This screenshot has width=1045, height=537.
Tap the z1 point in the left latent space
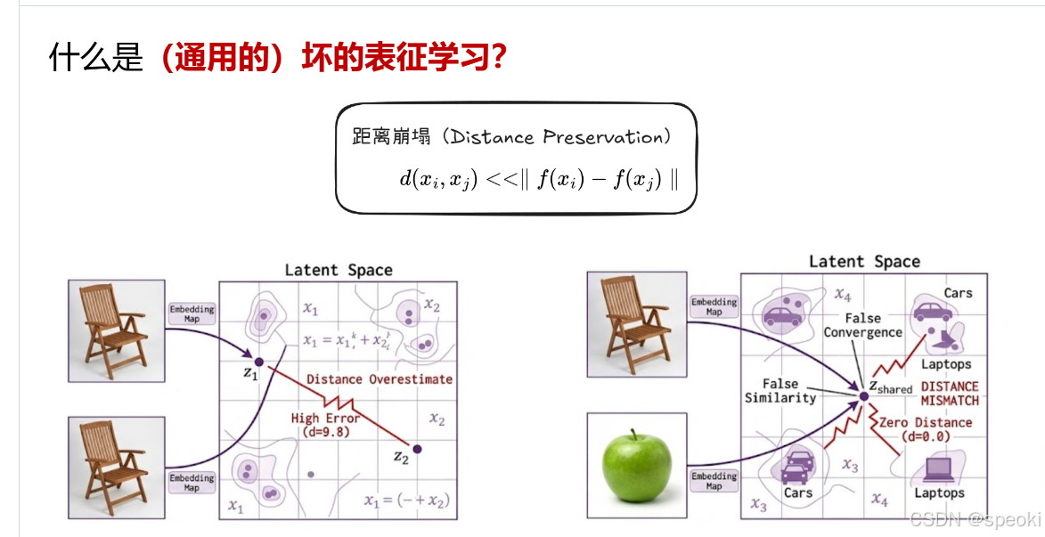[x=258, y=362]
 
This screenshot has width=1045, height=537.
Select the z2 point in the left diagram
[x=416, y=448]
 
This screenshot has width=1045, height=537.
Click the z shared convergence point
[x=863, y=395]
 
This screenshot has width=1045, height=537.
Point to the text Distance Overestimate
[x=379, y=379]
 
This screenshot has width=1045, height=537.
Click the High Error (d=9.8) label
[x=325, y=425]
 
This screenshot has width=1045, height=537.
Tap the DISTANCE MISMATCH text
[x=949, y=394]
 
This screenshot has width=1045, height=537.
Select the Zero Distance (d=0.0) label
[x=925, y=429]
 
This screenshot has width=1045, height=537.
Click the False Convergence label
[x=862, y=325]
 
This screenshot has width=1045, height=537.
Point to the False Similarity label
[x=780, y=391]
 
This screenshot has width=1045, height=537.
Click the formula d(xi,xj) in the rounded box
[x=538, y=177]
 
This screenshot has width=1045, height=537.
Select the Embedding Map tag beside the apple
[x=714, y=481]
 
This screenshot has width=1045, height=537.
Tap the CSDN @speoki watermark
[x=975, y=519]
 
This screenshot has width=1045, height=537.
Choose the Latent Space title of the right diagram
[x=863, y=262]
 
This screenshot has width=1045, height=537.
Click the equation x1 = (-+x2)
[x=405, y=500]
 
